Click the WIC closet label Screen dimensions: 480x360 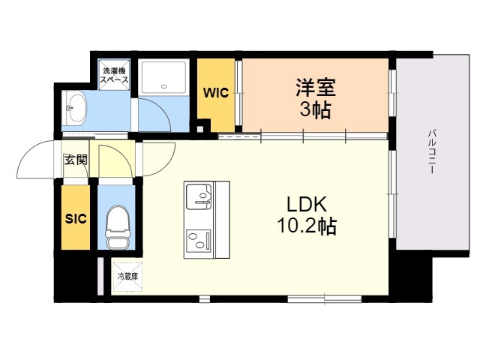[x=216, y=92]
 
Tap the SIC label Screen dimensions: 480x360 [x=76, y=218]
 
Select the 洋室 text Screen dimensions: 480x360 [x=316, y=88]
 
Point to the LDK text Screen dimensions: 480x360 [x=307, y=205]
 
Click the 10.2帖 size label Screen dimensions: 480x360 [x=307, y=226]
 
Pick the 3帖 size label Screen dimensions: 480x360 [x=315, y=109]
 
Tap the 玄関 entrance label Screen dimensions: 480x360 [x=76, y=160]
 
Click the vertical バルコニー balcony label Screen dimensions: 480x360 [x=432, y=151]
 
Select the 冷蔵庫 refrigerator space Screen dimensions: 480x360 [x=127, y=277]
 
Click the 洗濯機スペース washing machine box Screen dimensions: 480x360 [x=115, y=75]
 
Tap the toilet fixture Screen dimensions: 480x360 [x=116, y=227]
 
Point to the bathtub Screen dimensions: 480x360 [x=163, y=77]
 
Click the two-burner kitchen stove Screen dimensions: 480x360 [x=199, y=241]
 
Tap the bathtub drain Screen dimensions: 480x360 [x=163, y=87]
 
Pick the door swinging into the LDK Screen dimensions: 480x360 [x=159, y=159]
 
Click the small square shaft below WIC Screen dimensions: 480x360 [x=200, y=129]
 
